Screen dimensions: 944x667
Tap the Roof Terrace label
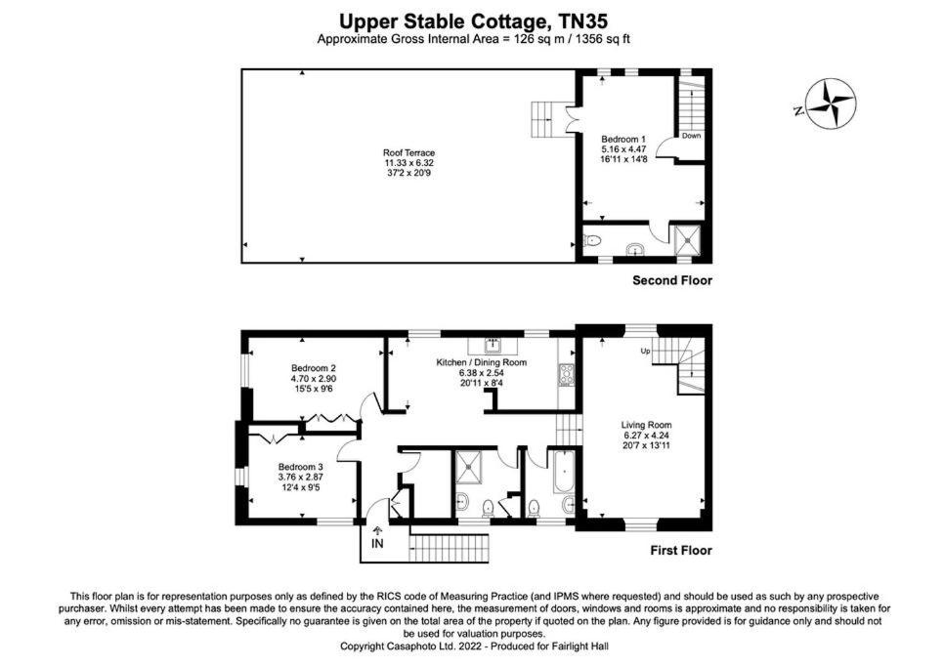click(408, 152)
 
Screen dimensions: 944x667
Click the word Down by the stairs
click(691, 136)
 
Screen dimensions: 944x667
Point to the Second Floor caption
click(672, 280)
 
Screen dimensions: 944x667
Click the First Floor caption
click(681, 551)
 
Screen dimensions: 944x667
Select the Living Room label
click(646, 425)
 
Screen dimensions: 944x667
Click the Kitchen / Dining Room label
click(481, 362)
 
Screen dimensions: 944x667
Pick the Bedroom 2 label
click(313, 368)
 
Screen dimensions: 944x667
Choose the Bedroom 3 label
click(300, 467)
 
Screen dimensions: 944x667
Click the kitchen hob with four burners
click(567, 375)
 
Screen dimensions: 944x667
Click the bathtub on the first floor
click(565, 476)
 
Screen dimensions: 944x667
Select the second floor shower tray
click(686, 239)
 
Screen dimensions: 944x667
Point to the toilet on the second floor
click(592, 241)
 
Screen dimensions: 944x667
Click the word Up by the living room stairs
click(645, 351)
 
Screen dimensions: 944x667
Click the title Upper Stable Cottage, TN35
click(473, 21)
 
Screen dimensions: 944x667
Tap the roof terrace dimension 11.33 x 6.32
click(408, 163)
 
